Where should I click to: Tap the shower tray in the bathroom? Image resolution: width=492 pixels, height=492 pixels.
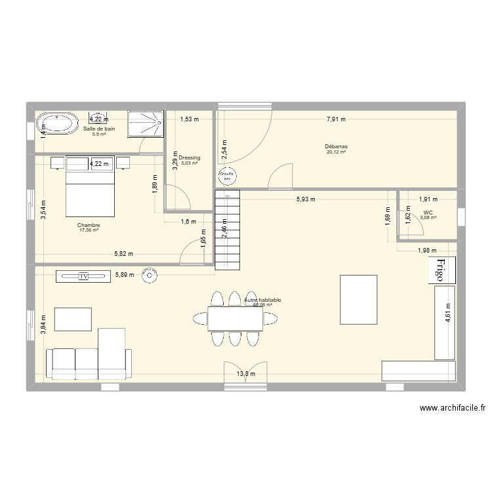click(x=144, y=124)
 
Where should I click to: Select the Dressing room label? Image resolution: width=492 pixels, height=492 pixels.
click(x=190, y=158)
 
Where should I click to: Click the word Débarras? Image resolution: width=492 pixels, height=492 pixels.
click(x=336, y=146)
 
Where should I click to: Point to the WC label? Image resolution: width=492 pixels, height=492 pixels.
click(x=428, y=213)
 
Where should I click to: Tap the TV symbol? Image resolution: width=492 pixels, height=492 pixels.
click(x=83, y=277)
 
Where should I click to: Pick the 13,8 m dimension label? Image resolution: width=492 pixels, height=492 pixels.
click(x=246, y=374)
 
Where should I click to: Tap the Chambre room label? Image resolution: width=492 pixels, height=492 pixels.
click(x=88, y=225)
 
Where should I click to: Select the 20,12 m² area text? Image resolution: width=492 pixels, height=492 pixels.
click(x=336, y=152)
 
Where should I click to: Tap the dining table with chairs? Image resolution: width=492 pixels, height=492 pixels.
click(x=236, y=318)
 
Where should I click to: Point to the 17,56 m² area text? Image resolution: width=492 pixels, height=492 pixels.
click(x=88, y=230)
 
